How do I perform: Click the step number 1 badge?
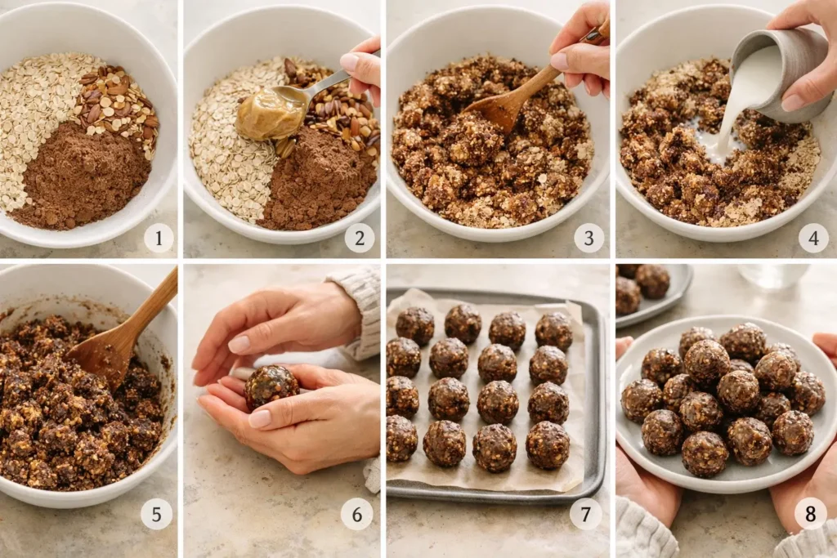click(159, 238)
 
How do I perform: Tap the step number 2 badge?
click(360, 238)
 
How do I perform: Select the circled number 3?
click(589, 238)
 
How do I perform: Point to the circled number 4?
click(812, 238)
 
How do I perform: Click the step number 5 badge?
click(156, 514)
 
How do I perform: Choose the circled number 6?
click(356, 514)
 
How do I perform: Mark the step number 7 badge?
click(585, 514)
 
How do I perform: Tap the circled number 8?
click(810, 514)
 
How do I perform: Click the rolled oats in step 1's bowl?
click(41, 114)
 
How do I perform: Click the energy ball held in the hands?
click(271, 386)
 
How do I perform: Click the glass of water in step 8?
click(772, 276)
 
